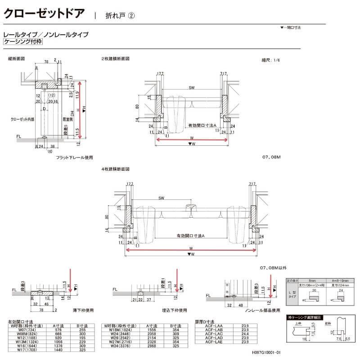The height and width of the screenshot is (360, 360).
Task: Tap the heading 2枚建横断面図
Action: coord(116,59)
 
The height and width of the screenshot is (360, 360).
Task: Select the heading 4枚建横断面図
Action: coord(116,169)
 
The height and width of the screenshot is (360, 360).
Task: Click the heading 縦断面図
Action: coord(16,59)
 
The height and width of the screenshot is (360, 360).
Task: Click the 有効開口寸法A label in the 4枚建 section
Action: coord(191,236)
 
